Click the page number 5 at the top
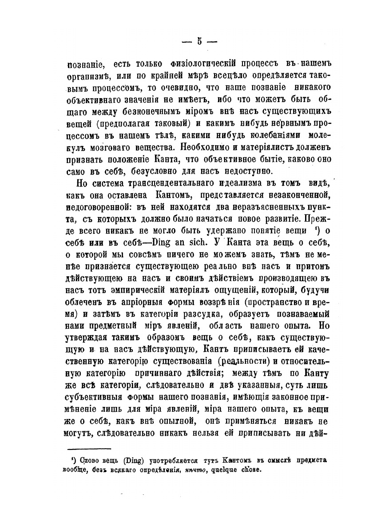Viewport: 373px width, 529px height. click(199, 42)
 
